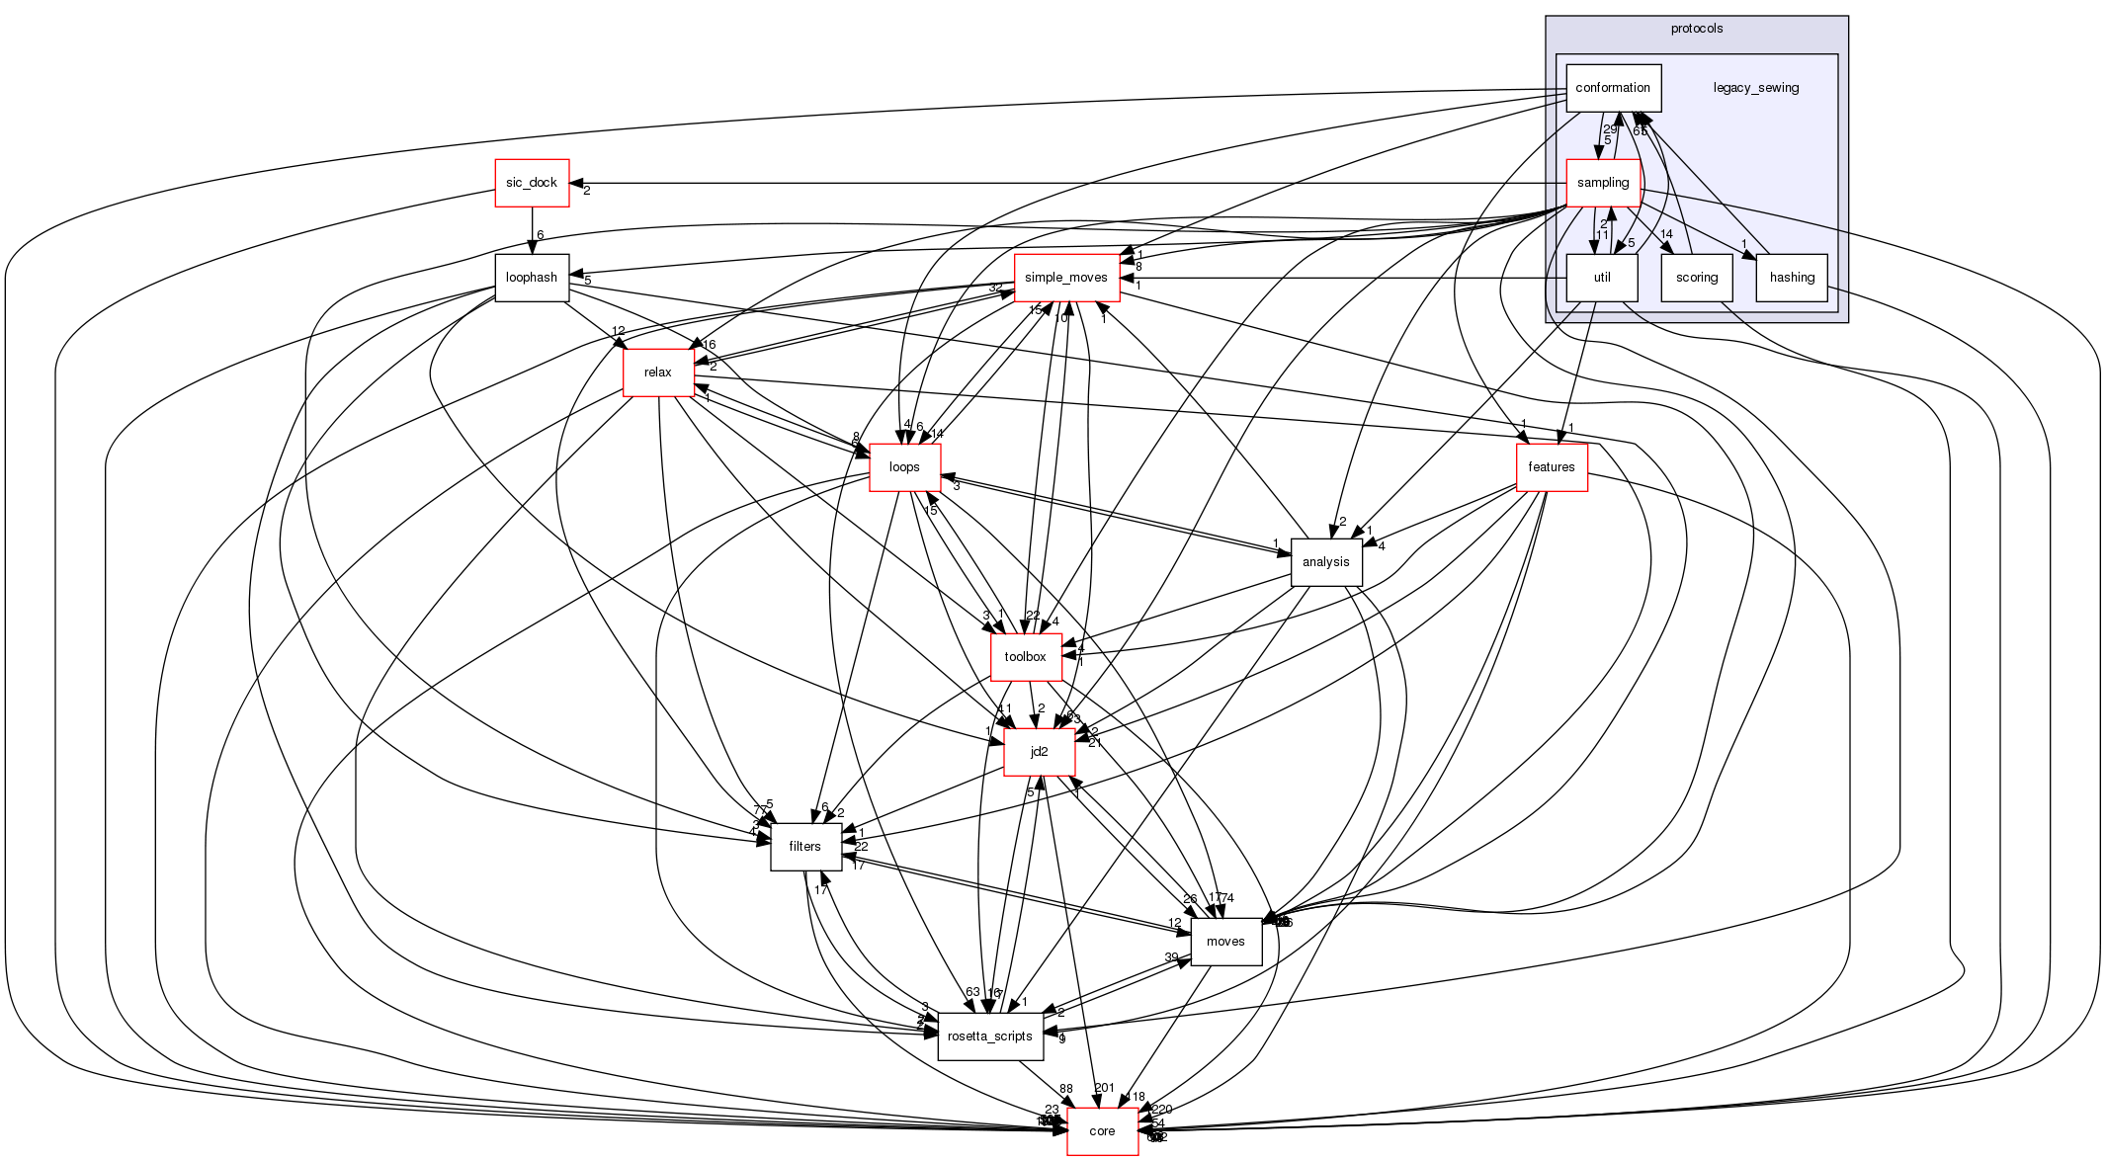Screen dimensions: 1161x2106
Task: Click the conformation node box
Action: point(1613,88)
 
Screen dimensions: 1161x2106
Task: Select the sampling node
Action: point(1602,183)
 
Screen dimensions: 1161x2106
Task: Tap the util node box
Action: point(1601,278)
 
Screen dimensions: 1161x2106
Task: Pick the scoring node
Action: point(1696,278)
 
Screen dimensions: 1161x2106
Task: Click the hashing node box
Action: point(1791,278)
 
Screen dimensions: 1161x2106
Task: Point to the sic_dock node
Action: point(532,183)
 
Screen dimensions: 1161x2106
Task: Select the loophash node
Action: point(532,278)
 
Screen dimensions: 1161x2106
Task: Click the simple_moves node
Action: point(1065,278)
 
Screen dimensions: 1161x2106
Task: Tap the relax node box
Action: point(657,373)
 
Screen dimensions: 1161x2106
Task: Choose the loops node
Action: point(904,467)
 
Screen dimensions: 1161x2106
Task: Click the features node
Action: point(1551,467)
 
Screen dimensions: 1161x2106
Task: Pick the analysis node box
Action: point(1325,562)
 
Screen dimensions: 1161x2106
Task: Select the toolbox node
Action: point(1025,657)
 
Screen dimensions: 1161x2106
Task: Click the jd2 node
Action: point(1039,752)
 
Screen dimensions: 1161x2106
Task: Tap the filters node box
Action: point(804,847)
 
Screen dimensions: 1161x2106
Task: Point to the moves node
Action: point(1225,942)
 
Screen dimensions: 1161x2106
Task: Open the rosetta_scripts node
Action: point(989,1037)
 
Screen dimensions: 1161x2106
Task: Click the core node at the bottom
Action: point(1102,1131)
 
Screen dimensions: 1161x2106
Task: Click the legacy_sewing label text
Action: point(1755,88)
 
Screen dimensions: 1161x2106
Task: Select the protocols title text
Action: point(1696,29)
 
